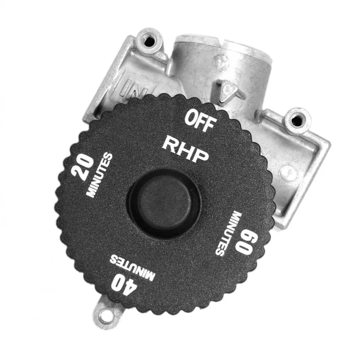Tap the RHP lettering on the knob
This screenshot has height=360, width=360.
(x=185, y=149)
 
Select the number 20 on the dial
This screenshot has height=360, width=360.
(x=82, y=166)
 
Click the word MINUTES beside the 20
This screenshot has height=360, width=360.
(x=99, y=175)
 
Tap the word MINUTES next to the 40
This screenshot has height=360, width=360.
(x=132, y=267)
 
